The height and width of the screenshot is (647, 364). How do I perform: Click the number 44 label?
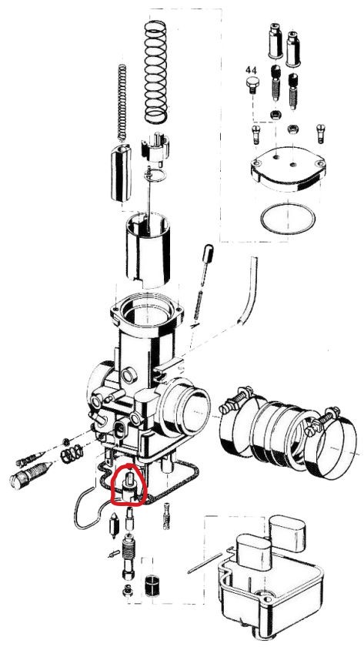pos(252,70)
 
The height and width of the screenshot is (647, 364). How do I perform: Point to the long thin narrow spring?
pos(122,102)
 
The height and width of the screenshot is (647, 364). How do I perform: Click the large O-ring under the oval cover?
pos(288,218)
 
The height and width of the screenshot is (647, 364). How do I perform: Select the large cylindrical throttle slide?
pos(148,249)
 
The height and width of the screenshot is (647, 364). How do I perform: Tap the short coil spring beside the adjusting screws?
pos(72,454)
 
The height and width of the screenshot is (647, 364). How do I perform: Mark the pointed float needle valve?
pos(113,525)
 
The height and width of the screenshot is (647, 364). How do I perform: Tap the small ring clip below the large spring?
pos(155,175)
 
